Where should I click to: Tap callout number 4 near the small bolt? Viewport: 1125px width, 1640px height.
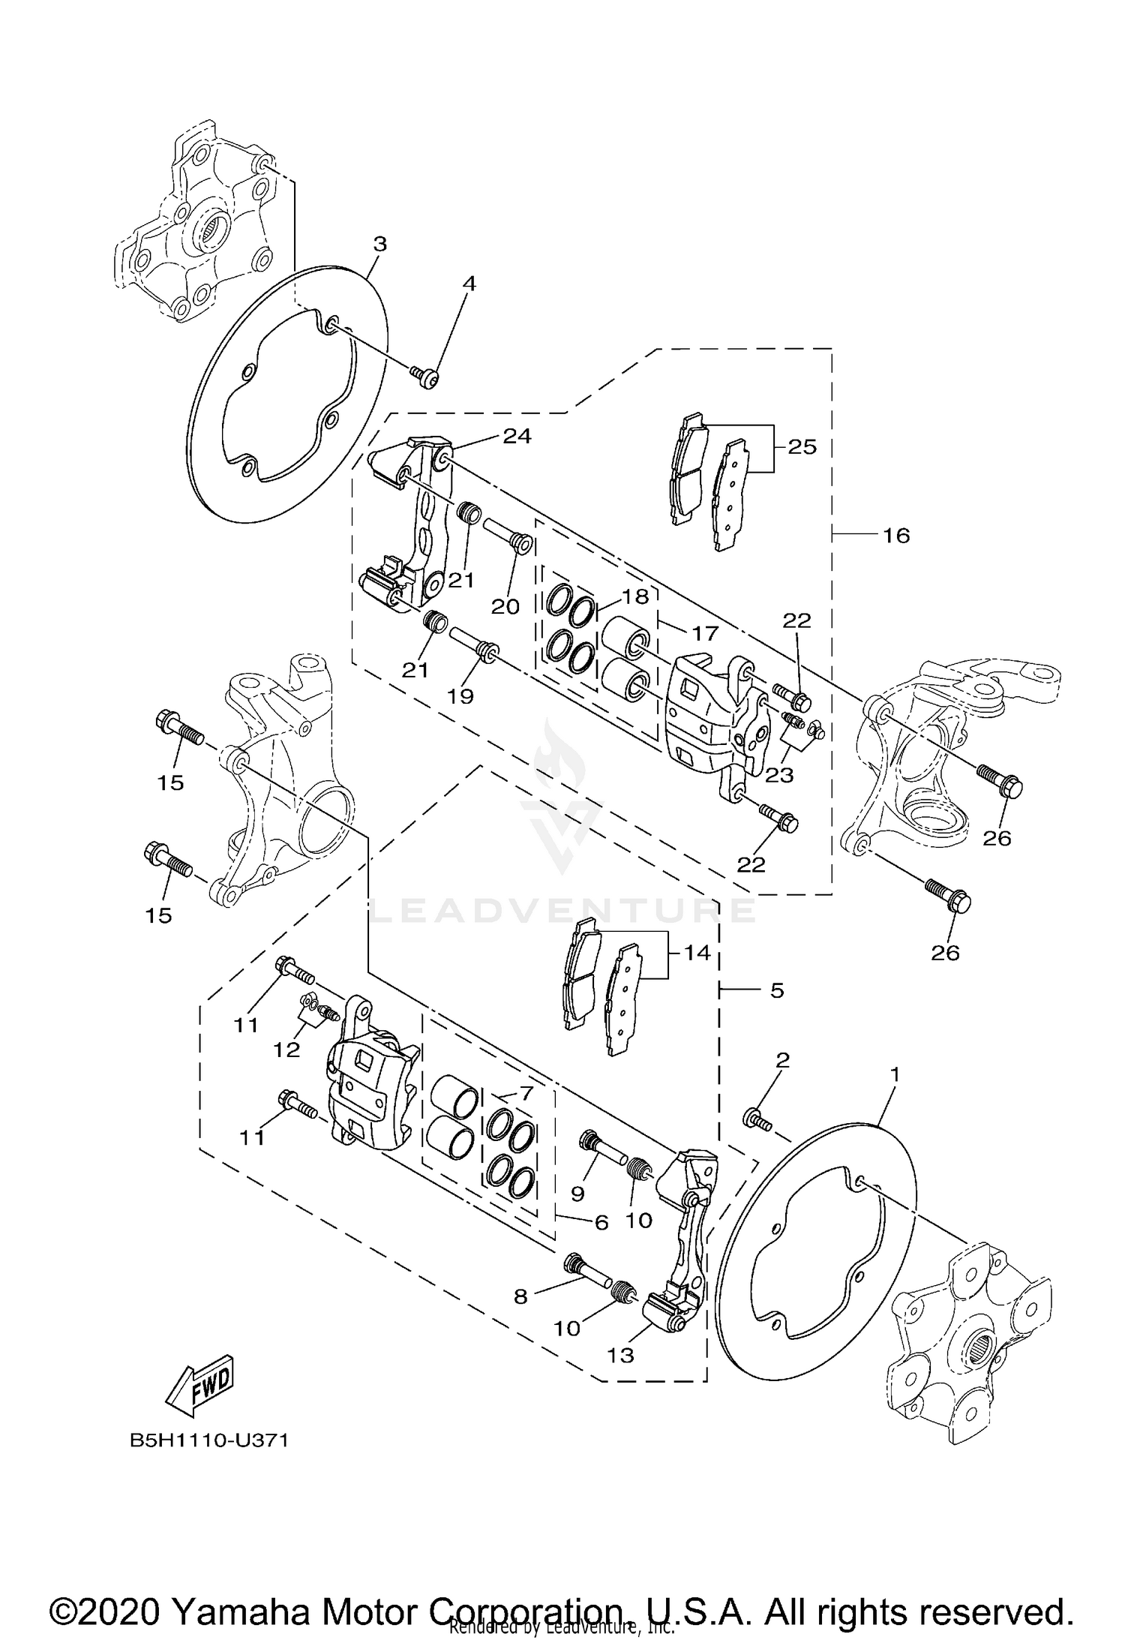tap(469, 284)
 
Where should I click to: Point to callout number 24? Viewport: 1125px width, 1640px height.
tap(517, 436)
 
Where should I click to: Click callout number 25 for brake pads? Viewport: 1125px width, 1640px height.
tap(802, 447)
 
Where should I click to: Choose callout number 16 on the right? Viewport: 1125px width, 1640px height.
tap(896, 536)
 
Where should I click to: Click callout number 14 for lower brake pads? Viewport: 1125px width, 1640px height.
tap(697, 954)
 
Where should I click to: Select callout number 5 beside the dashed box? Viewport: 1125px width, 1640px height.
tap(777, 990)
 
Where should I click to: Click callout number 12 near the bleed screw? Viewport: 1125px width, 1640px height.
tap(286, 1050)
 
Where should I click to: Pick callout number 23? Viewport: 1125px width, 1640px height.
tap(779, 774)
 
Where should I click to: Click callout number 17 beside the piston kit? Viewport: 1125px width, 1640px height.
tap(704, 633)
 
